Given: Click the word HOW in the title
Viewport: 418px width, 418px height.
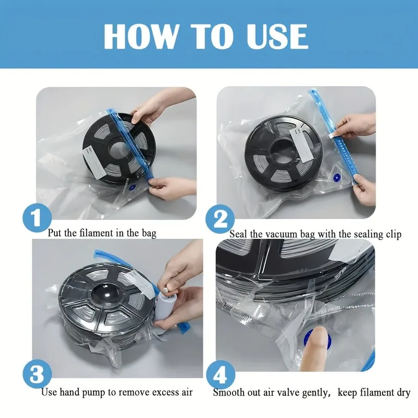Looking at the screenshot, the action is point(141,36).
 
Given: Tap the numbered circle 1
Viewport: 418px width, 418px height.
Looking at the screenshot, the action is point(37,218).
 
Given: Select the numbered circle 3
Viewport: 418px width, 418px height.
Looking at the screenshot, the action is point(37,374).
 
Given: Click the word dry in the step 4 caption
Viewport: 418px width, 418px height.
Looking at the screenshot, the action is point(402,393).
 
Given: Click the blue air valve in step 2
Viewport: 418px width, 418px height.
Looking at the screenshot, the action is point(336,177).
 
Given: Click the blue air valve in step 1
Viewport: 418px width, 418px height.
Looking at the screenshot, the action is point(132,188).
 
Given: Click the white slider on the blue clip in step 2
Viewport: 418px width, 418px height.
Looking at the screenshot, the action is point(333,136).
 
